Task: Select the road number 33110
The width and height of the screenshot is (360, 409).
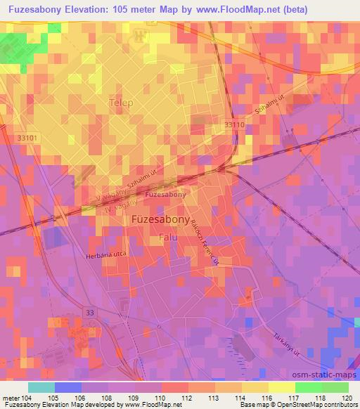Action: [x=235, y=124]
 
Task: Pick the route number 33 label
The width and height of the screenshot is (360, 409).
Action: [x=89, y=311]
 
